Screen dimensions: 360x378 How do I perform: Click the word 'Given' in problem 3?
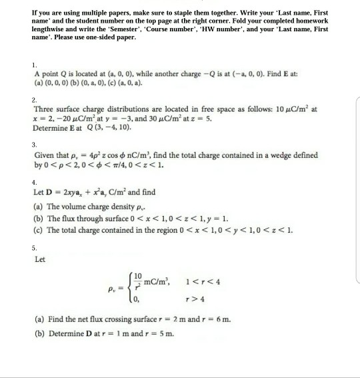pos(46,155)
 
